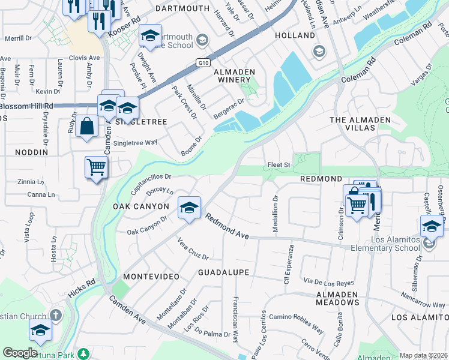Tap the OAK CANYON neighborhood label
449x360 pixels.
141,206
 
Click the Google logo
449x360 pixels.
20,353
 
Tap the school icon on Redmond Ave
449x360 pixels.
190,208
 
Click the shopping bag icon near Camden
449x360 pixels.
87,126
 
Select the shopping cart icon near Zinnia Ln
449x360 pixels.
95,167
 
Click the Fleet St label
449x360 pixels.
279,165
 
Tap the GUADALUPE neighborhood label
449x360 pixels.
223,272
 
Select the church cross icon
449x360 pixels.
56,315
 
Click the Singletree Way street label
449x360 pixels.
135,142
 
